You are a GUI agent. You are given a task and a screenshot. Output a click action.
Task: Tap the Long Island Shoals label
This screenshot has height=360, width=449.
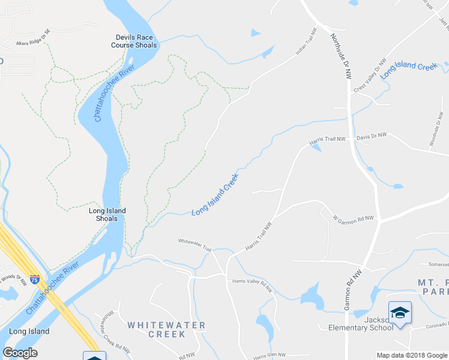coord(107,214)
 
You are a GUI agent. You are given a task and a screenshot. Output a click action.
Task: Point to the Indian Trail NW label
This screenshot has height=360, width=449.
coord(306,42)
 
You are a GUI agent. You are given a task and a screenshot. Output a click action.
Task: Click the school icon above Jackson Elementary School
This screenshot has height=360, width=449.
coord(400,313)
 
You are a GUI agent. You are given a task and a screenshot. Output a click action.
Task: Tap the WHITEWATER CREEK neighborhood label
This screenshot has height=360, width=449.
coord(166,329)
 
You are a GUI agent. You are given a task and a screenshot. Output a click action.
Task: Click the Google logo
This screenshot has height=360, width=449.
coord(20,353)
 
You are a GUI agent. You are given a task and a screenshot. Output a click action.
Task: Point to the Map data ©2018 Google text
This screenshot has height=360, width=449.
coord(411,355)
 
